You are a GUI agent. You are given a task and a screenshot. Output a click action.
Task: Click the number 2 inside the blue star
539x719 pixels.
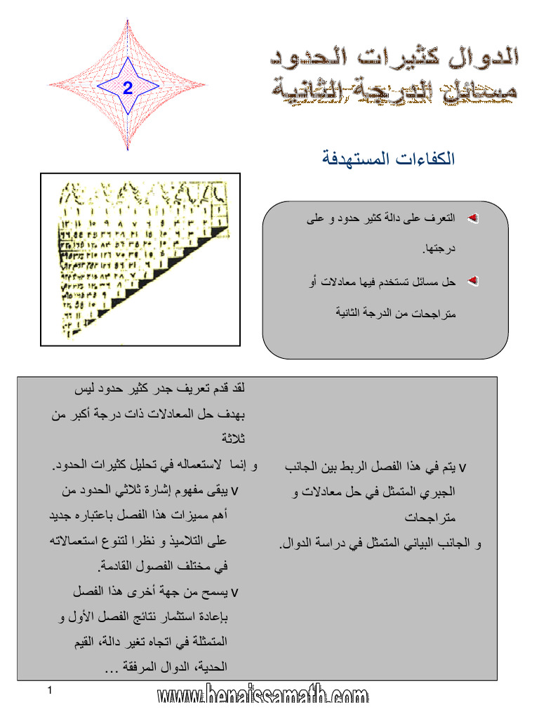127,88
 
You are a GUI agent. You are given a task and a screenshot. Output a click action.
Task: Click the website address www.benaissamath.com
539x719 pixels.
262,697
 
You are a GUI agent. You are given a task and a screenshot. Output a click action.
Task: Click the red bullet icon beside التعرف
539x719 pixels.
472,220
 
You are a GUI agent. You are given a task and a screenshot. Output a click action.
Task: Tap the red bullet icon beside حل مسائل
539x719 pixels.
472,282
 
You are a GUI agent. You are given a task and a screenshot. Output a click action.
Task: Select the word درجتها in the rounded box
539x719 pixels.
439,250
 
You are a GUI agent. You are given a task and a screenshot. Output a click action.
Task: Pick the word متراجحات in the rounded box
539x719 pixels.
435,312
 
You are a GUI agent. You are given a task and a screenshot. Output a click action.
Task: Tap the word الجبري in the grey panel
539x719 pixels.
441,492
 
